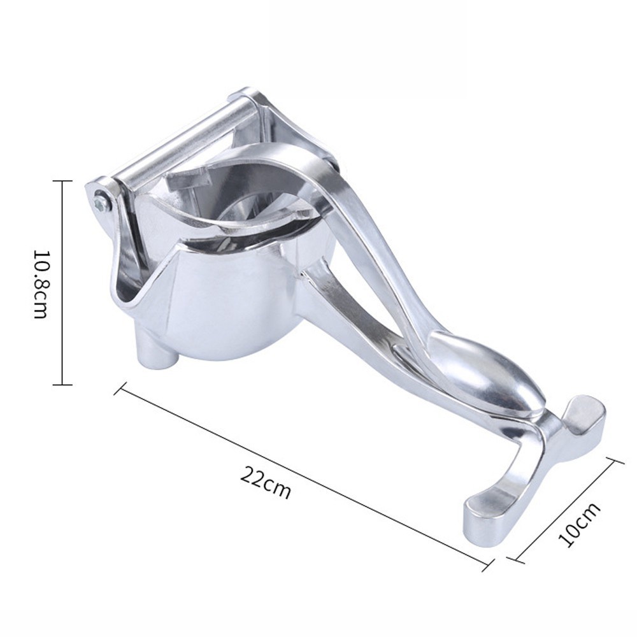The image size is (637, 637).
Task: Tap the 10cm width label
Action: click(x=579, y=524)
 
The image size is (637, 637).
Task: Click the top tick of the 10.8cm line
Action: click(x=62, y=180)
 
